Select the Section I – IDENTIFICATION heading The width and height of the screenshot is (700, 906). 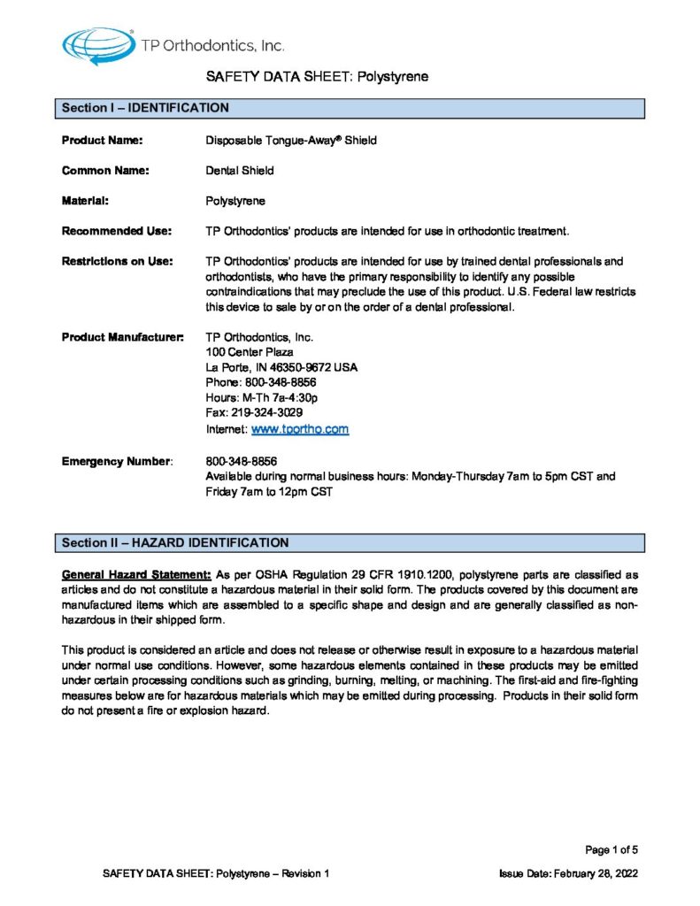pyautogui.click(x=145, y=108)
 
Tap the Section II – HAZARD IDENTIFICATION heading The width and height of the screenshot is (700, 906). pyautogui.click(x=174, y=541)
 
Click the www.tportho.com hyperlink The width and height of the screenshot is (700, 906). pyautogui.click(x=300, y=429)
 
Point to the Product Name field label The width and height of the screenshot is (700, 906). pyautogui.click(x=103, y=140)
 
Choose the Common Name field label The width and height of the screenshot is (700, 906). pyautogui.click(x=105, y=170)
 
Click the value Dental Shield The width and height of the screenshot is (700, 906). pyautogui.click(x=239, y=170)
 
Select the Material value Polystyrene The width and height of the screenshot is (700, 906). pyautogui.click(x=235, y=201)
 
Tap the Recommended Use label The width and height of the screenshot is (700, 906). pyautogui.click(x=115, y=231)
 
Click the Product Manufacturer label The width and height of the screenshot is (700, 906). pyautogui.click(x=123, y=337)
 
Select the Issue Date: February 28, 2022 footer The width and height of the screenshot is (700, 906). pyautogui.click(x=569, y=873)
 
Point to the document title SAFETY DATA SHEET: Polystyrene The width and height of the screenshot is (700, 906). pyautogui.click(x=317, y=77)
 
